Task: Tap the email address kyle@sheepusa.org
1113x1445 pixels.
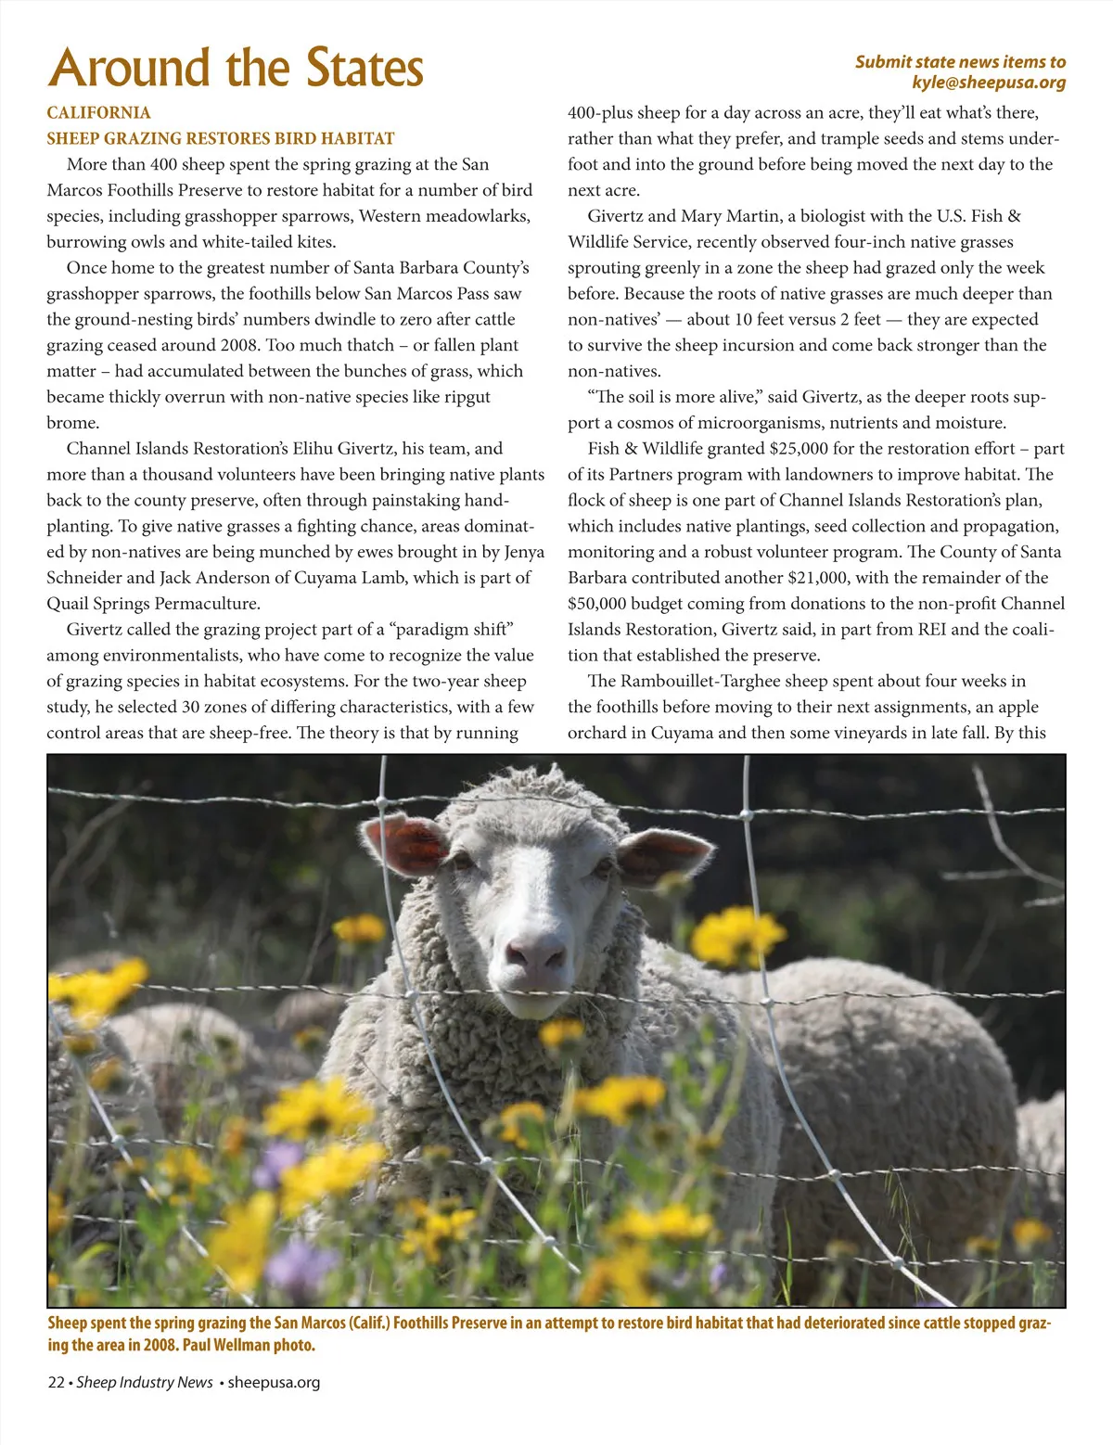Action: click(x=989, y=83)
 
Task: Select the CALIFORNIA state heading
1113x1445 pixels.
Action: click(x=99, y=113)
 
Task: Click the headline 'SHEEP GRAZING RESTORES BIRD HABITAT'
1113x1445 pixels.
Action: click(x=221, y=139)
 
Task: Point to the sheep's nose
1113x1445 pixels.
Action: click(x=535, y=951)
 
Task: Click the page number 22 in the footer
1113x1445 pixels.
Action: click(x=56, y=1382)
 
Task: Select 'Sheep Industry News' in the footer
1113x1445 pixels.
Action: click(x=145, y=1382)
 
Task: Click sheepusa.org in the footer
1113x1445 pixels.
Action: click(x=274, y=1382)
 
